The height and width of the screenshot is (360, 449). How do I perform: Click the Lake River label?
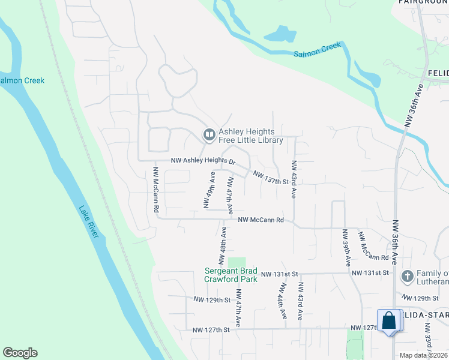(88, 221)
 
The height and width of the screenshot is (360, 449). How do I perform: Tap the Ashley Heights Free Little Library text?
(250, 136)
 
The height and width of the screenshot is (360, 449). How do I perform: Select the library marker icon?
(209, 136)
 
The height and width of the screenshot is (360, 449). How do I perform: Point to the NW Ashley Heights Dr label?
(203, 161)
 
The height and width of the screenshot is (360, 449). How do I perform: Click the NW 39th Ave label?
(346, 248)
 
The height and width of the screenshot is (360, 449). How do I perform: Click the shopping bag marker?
(389, 321)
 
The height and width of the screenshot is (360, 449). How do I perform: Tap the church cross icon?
(407, 276)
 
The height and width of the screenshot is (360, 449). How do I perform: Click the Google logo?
(20, 353)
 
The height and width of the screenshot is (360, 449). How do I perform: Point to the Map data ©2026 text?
(423, 355)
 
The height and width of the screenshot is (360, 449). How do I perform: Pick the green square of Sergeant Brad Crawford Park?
(237, 262)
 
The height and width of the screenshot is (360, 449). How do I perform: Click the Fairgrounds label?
(423, 2)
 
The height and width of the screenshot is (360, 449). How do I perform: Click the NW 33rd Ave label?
(428, 339)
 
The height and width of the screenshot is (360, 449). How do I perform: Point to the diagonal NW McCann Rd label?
(373, 246)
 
